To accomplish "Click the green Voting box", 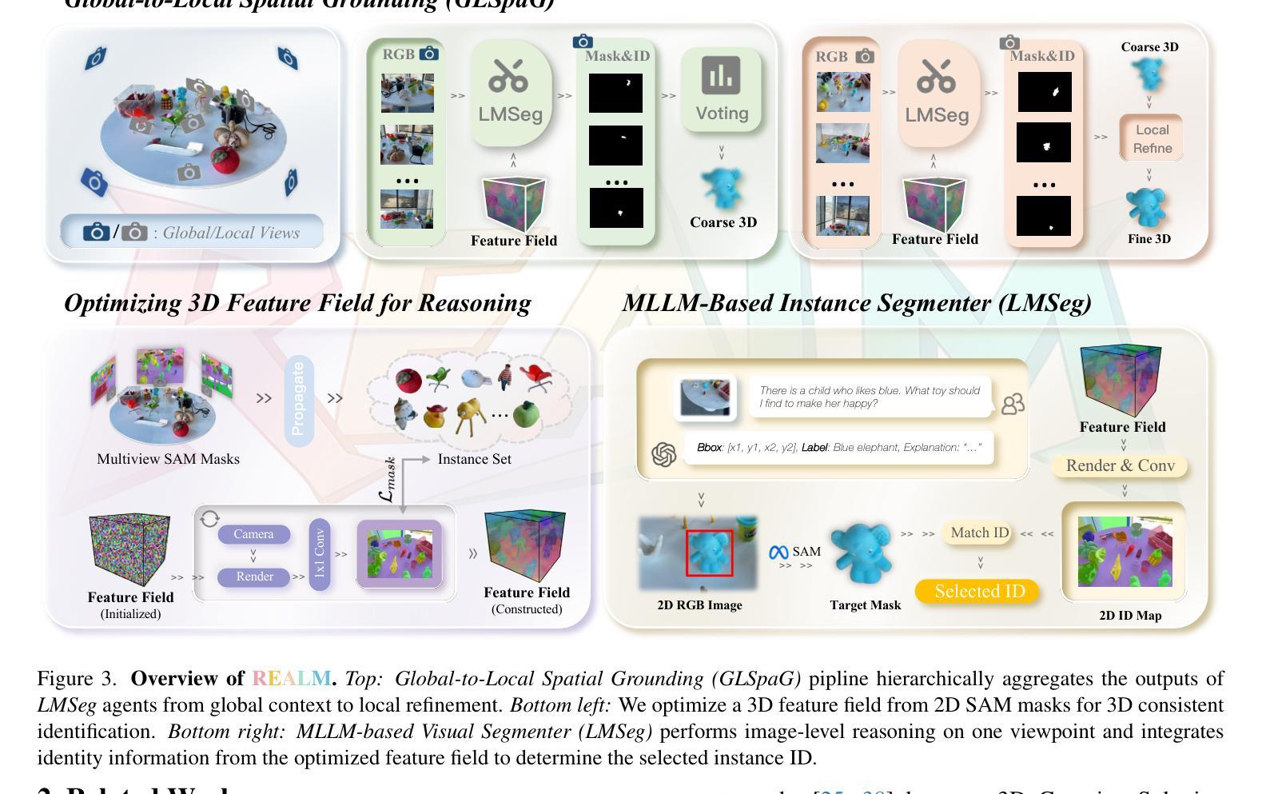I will pyautogui.click(x=721, y=90).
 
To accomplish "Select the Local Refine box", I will pyautogui.click(x=1151, y=138).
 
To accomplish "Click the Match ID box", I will pyautogui.click(x=979, y=533).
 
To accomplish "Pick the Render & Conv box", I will pyautogui.click(x=1120, y=465).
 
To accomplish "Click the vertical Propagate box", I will pyautogui.click(x=298, y=399).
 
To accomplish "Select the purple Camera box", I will pyautogui.click(x=253, y=534).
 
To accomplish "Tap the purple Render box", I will pyautogui.click(x=254, y=577).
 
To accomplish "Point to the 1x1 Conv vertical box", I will pyautogui.click(x=319, y=554).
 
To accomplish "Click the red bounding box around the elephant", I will pyautogui.click(x=709, y=553).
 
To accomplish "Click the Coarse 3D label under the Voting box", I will pyautogui.click(x=723, y=222).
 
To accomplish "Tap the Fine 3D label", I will pyautogui.click(x=1149, y=238).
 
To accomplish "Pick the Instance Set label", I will pyautogui.click(x=474, y=459).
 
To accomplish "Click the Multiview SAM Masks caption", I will pyautogui.click(x=168, y=459).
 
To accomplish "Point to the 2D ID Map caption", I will pyautogui.click(x=1130, y=615).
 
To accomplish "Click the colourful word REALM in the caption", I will pyautogui.click(x=291, y=679).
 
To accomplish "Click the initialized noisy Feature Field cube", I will pyautogui.click(x=129, y=550).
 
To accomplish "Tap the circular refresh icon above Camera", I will pyautogui.click(x=209, y=518).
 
